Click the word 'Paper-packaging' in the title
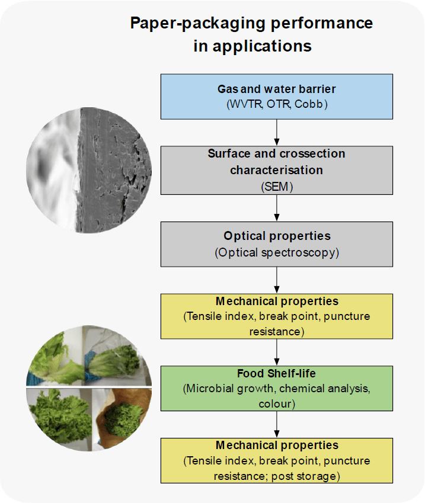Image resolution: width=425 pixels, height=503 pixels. [x=198, y=24]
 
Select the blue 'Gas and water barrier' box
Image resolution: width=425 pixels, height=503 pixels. [x=277, y=97]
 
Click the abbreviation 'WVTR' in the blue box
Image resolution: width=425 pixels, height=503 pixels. [x=245, y=104]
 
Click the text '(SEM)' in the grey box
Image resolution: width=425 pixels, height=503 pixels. [x=277, y=187]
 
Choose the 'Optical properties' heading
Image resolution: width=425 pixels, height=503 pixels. [x=277, y=236]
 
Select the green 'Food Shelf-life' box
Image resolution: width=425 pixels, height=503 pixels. [x=277, y=388]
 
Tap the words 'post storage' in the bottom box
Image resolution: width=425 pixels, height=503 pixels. [x=303, y=476]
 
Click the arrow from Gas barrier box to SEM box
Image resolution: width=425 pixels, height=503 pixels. [x=277, y=133]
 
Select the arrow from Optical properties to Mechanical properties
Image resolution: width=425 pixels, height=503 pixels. [x=277, y=280]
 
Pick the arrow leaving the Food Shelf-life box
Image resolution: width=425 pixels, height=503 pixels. [x=277, y=424]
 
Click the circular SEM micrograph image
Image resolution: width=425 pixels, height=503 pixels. [x=89, y=170]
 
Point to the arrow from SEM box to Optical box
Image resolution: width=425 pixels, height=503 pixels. [x=277, y=208]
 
